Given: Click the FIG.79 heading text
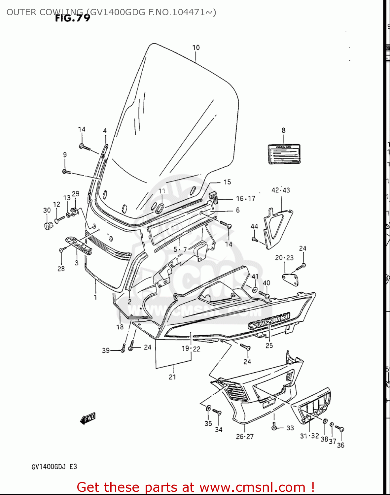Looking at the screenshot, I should (73, 18).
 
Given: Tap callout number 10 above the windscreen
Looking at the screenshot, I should (196, 48).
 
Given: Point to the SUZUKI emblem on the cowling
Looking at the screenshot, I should (269, 320).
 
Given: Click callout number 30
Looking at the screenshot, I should (47, 210).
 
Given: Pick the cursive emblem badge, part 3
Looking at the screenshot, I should (79, 245).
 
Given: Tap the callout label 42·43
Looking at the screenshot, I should (281, 190).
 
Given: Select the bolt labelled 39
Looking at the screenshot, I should (123, 348).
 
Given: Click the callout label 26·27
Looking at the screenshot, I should (245, 436).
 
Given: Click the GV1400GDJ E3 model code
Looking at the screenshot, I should (54, 467).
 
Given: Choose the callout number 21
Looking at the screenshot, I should (172, 377).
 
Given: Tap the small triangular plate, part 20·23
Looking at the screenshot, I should (291, 279).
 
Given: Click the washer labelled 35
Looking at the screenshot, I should (208, 409).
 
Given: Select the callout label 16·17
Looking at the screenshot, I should (245, 198).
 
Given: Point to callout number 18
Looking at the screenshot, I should (120, 327).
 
